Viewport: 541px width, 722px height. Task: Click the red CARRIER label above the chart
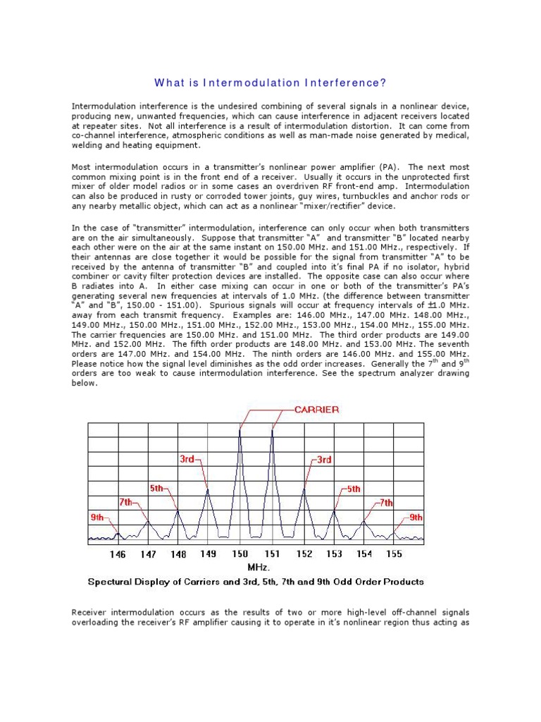pos(308,409)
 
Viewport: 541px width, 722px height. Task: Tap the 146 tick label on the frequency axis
pos(118,554)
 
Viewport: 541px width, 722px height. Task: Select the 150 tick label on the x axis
pos(241,554)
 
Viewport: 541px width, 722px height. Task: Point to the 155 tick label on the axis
pos(394,554)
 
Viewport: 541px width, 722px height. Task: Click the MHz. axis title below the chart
pos(259,567)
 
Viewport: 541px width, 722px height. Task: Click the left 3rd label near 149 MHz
pos(187,459)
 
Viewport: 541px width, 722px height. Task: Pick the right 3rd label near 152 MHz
pos(323,459)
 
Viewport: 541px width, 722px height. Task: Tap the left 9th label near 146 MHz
pos(97,518)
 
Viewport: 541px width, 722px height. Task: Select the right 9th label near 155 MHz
pos(416,518)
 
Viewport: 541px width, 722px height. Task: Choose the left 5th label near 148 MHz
pos(158,488)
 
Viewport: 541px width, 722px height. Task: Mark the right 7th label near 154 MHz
pos(386,503)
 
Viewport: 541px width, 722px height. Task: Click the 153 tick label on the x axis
pos(334,554)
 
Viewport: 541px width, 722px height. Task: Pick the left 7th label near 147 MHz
pos(126,503)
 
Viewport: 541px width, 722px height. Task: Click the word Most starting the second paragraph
pos(82,167)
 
